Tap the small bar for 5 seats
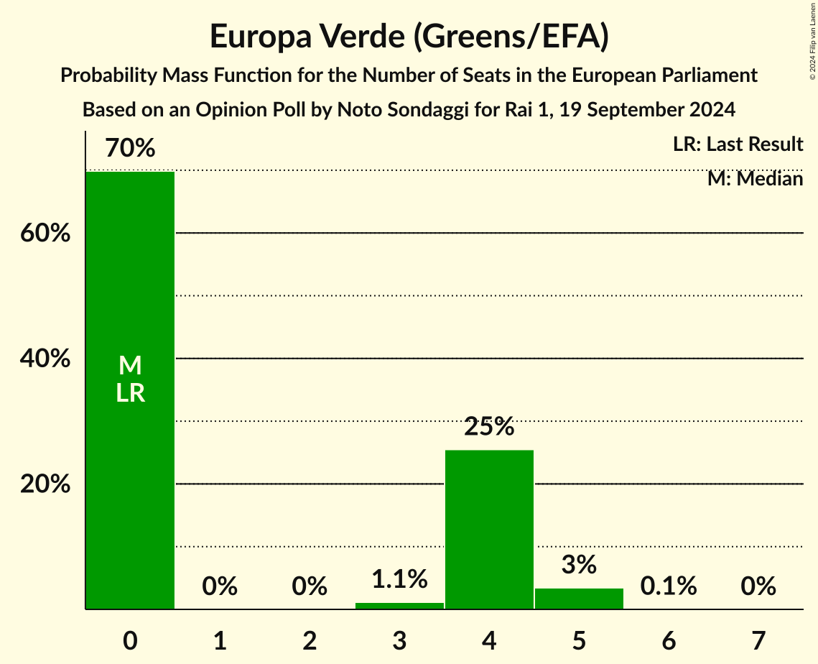pos(579,599)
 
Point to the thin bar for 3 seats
pos(399,606)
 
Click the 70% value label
pos(130,149)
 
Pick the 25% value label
pos(489,427)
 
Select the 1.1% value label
pos(399,578)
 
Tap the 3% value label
pos(579,565)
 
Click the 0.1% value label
pos(669,586)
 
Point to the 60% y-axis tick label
pos(45,234)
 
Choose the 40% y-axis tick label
pos(45,359)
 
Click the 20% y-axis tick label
pos(45,484)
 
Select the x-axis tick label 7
pos(758,640)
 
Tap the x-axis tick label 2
pos(310,640)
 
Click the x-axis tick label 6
pos(669,640)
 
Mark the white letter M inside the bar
pos(130,366)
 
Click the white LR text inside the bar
pos(130,393)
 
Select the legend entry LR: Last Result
pos(738,144)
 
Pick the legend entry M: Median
pos(755,178)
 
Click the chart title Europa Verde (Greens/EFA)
pos(409,37)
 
